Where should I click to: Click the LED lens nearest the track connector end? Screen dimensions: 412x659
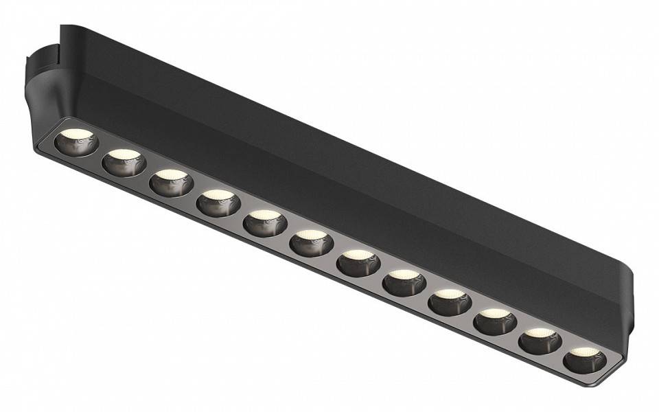pos(76,141)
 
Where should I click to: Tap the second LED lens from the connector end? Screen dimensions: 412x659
pos(124,162)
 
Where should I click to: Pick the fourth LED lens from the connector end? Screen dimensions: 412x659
pos(218,202)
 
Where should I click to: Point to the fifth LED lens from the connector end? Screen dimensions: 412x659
pos(265,222)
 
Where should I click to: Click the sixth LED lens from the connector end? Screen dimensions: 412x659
pos(311,242)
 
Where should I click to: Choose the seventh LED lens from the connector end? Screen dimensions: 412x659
pos(358,262)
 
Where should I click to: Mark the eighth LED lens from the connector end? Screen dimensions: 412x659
pos(404,282)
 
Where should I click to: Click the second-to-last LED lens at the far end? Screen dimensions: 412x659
pos(540,341)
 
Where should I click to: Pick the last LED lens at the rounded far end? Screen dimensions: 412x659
pos(585,360)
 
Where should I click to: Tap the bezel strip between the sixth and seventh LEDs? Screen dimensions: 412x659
pos(334,253)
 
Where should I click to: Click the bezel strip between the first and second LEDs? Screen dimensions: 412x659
pos(100,152)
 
